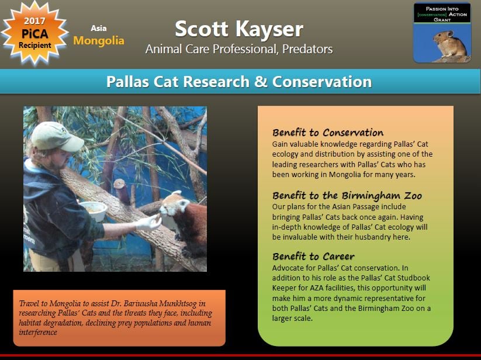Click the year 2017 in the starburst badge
(34, 21)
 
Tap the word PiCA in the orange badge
(34, 33)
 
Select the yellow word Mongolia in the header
(99, 40)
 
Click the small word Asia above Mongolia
(98, 28)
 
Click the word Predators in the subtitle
(307, 49)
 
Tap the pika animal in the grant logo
(449, 44)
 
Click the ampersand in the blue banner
(261, 82)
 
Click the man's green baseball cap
(57, 136)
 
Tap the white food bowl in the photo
(94, 210)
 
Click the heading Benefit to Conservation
(328, 133)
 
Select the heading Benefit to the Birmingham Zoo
(347, 195)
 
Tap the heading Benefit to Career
(313, 257)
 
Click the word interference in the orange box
(38, 332)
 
